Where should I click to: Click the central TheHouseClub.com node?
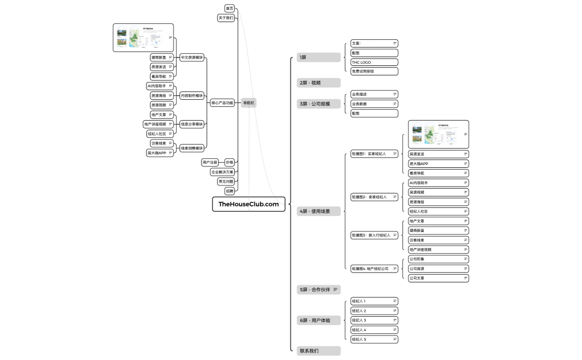click(x=249, y=204)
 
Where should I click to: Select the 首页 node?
click(x=229, y=8)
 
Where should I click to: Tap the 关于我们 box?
click(x=226, y=18)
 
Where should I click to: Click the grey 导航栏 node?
click(x=249, y=103)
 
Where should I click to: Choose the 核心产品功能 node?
click(x=222, y=103)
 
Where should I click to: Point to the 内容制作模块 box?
click(x=192, y=95)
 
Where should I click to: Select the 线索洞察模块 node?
click(x=192, y=148)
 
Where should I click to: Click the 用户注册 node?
click(x=210, y=162)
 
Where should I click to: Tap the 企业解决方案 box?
click(x=222, y=172)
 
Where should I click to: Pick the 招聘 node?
click(x=229, y=191)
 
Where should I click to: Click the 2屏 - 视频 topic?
click(x=319, y=83)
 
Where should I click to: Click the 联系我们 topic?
click(x=319, y=351)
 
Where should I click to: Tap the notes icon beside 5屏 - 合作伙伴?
click(x=335, y=290)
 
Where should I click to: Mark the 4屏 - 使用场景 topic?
click(x=319, y=211)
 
